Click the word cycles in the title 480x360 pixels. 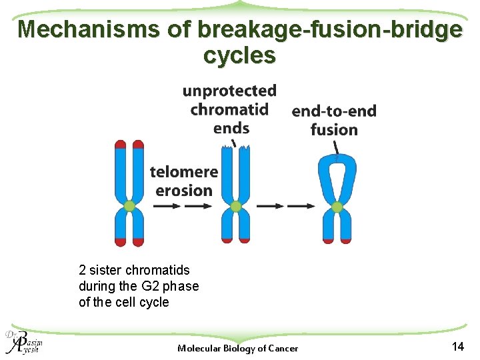[239, 55]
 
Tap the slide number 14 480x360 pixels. [457, 346]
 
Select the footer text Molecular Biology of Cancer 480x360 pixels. [238, 348]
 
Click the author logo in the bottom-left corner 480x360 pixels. [22, 341]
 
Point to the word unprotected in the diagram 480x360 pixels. [229, 91]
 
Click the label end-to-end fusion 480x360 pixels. [334, 120]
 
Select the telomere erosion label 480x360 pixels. [184, 181]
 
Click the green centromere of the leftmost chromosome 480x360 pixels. [129, 207]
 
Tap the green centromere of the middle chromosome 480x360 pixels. [235, 207]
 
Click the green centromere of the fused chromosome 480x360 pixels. [337, 207]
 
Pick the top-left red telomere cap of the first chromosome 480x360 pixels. [121, 144]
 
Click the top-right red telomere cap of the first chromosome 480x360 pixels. [138, 144]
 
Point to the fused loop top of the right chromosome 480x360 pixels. [337, 160]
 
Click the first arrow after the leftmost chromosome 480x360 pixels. [167, 207]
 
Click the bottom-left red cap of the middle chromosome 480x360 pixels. [227, 239]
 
